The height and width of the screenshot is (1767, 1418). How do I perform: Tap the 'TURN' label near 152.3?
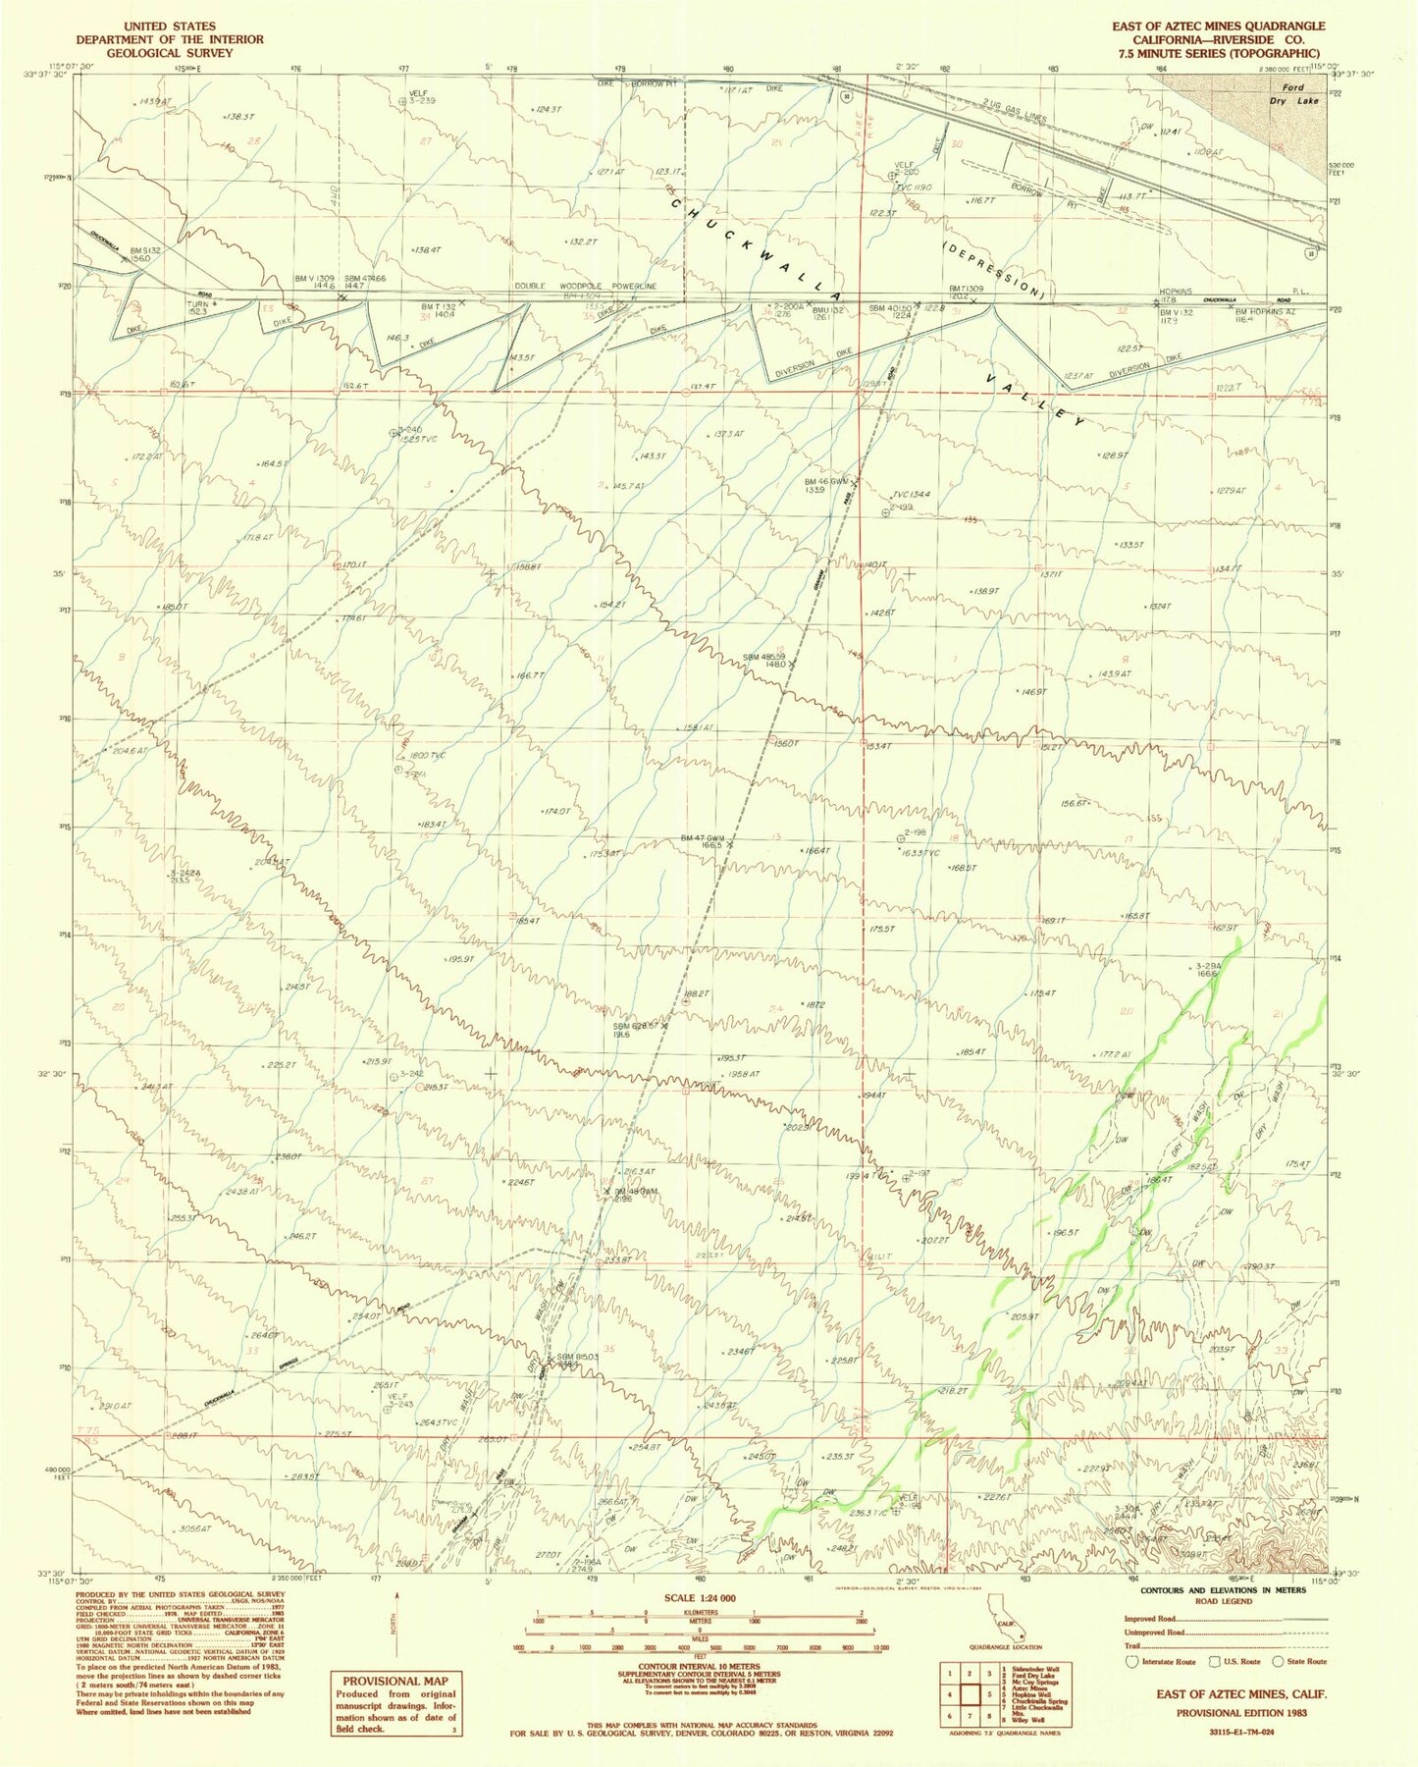tap(198, 303)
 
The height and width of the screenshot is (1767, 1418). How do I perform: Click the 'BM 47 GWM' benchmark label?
tap(703, 837)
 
